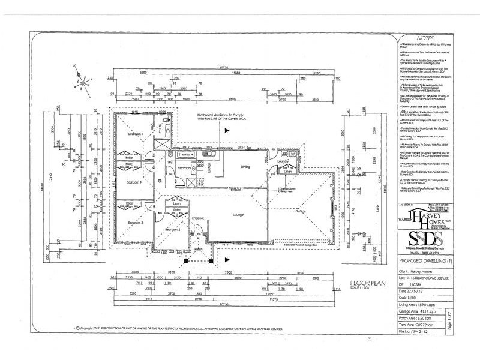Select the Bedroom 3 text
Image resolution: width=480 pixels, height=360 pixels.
134,223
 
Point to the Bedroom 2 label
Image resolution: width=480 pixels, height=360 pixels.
173,229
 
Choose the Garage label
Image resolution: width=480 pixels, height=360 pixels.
301,211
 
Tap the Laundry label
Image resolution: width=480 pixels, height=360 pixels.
283,160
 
